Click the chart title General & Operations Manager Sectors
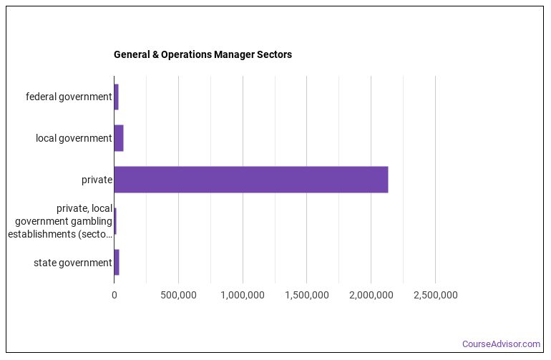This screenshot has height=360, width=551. click(203, 54)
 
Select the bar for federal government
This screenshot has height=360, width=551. click(116, 97)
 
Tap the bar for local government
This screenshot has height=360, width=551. click(119, 138)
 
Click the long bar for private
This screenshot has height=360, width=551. click(250, 180)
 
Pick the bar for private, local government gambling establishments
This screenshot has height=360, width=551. click(114, 221)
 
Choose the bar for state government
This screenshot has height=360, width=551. click(117, 263)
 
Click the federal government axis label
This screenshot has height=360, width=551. click(69, 97)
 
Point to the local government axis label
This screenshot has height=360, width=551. click(74, 138)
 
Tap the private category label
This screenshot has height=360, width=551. click(97, 180)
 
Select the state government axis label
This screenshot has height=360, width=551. click(73, 263)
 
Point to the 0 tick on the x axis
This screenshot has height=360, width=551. click(114, 295)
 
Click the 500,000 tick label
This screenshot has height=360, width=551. click(178, 295)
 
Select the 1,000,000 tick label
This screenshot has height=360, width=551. click(243, 295)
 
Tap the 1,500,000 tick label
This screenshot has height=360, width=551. click(306, 295)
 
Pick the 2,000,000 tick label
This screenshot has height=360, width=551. click(371, 295)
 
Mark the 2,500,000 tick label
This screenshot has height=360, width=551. click(435, 295)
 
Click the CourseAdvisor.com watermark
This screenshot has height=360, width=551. click(501, 344)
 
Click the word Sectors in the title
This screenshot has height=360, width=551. click(273, 54)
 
